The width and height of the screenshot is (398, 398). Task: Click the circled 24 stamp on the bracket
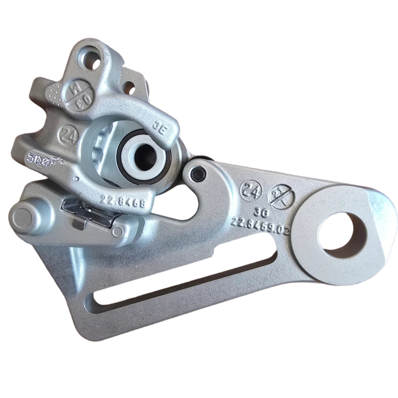click(x=251, y=189)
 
